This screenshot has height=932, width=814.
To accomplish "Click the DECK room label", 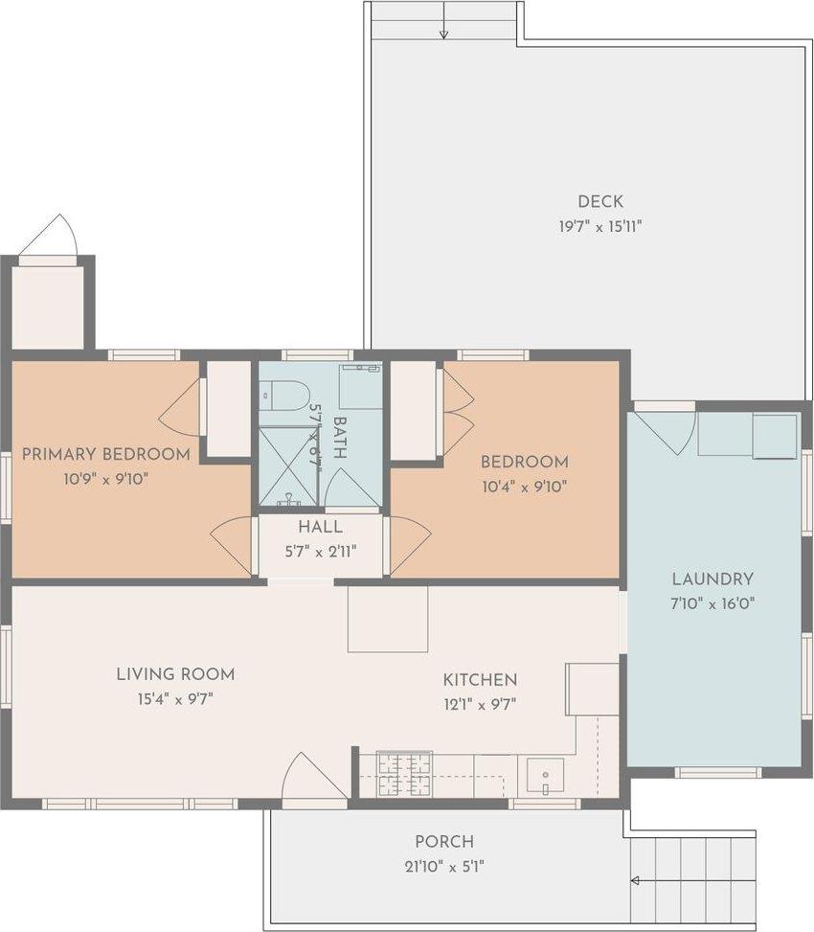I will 600,201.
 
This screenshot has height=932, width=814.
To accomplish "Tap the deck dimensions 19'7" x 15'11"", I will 600,227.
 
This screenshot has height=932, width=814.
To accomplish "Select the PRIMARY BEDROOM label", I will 105,454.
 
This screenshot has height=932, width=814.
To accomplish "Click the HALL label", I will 320,528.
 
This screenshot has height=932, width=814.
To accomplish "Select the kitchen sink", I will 545,775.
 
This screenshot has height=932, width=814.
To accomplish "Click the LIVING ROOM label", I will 175,674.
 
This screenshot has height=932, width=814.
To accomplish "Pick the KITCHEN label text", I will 480,680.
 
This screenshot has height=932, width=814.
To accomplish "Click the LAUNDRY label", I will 712,580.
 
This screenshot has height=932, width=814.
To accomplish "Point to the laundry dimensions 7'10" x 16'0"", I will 712,603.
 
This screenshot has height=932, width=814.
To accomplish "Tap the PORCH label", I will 444,842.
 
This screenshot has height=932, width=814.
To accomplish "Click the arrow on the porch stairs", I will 635,880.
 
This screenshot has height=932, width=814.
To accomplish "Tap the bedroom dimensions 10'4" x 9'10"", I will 524,486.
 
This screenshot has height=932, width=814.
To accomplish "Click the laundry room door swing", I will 667,430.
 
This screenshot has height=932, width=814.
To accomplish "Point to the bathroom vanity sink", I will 360,384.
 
